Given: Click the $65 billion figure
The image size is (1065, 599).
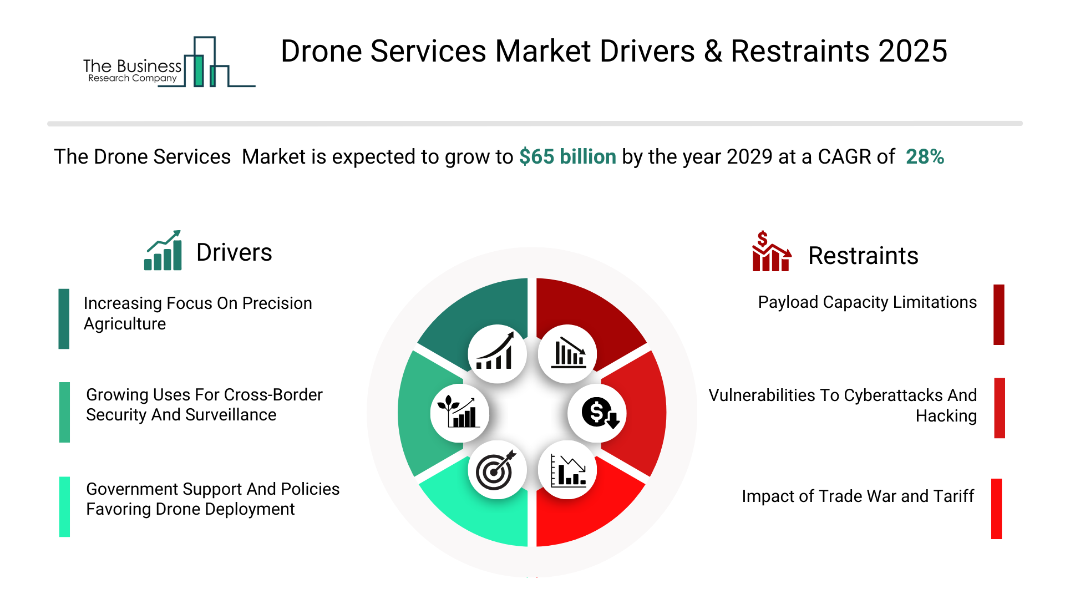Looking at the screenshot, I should pos(567,157).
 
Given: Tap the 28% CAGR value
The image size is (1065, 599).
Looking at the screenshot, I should pos(925,157).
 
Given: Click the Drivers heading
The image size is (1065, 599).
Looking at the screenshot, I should pos(234,252).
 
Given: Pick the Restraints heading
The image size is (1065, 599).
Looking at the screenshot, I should pos(863,256).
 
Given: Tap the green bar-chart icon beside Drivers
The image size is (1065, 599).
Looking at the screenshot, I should pos(163,251).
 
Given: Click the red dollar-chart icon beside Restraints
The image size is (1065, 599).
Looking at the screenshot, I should pos(771,252).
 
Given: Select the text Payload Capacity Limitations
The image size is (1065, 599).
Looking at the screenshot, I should pos(867,302).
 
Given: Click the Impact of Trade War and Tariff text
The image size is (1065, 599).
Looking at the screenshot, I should pos(858,496).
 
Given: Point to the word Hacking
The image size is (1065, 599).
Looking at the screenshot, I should pos(946,416).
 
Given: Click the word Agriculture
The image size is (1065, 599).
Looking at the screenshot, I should pos(125,324).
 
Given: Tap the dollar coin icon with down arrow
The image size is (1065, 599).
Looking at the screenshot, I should pos(598,413).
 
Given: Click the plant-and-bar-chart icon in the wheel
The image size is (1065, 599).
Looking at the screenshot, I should pos(459,413).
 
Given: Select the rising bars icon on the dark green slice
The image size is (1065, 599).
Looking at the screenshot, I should pos(497,354).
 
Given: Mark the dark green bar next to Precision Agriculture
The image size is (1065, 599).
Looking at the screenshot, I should pos(64,319).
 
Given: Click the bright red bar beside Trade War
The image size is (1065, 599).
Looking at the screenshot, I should pos(996,509).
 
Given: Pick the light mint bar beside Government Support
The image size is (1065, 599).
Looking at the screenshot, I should pos(64,506).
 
